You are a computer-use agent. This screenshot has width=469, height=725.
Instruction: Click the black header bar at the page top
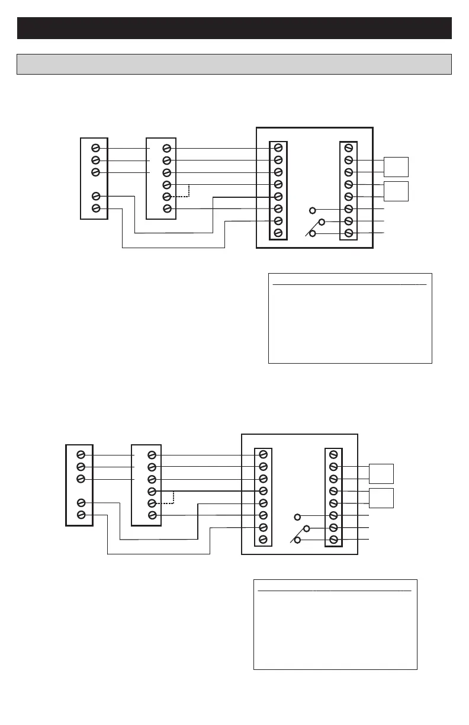234,28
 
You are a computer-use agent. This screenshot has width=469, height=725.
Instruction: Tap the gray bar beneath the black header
234,64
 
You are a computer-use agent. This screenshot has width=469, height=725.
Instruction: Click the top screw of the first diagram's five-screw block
95,148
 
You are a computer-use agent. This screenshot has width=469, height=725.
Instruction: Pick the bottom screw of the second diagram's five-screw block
81,515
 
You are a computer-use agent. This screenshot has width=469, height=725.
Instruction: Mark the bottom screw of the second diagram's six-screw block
152,515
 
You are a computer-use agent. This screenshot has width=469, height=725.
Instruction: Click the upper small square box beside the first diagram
396,166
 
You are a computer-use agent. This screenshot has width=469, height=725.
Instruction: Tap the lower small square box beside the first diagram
396,191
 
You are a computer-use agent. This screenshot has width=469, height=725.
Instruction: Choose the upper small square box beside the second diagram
381,473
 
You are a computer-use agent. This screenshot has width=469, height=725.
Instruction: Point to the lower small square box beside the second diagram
381,498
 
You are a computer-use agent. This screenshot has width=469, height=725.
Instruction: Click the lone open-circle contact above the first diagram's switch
313,210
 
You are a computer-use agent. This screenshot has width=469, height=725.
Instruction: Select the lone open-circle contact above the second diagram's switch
297,517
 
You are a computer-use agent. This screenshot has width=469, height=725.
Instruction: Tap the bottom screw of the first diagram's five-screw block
95,208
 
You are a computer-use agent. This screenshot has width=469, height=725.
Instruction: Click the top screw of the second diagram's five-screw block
81,454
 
